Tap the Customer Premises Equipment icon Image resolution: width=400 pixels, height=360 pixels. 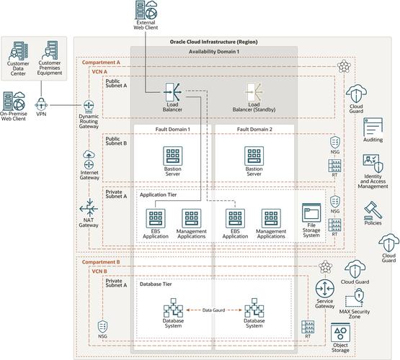(54, 50)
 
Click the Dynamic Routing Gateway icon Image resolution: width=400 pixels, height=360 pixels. (89, 108)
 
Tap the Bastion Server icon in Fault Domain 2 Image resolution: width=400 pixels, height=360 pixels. (253, 156)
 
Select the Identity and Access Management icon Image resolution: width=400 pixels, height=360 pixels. (373, 163)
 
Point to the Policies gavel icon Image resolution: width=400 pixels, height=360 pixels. (373, 209)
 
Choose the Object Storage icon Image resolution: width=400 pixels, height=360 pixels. (339, 333)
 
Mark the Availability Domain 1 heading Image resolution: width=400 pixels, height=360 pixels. (214, 53)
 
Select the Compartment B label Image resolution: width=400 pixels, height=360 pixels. (101, 263)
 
